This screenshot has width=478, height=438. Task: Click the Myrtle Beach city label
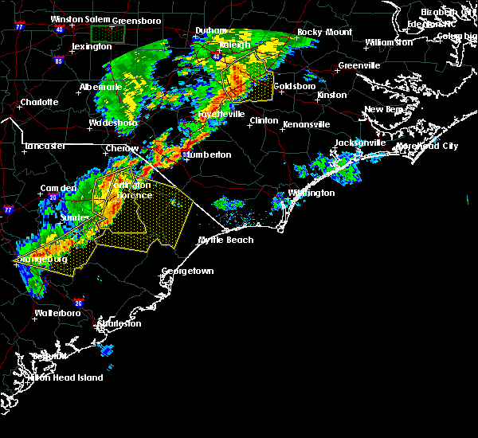[225, 240]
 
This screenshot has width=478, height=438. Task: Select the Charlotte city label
[39, 102]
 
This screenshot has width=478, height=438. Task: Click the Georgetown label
[188, 272]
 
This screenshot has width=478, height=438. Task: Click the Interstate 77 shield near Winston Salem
[18, 26]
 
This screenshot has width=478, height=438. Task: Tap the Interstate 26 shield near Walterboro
[78, 303]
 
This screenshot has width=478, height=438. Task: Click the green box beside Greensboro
[108, 33]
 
